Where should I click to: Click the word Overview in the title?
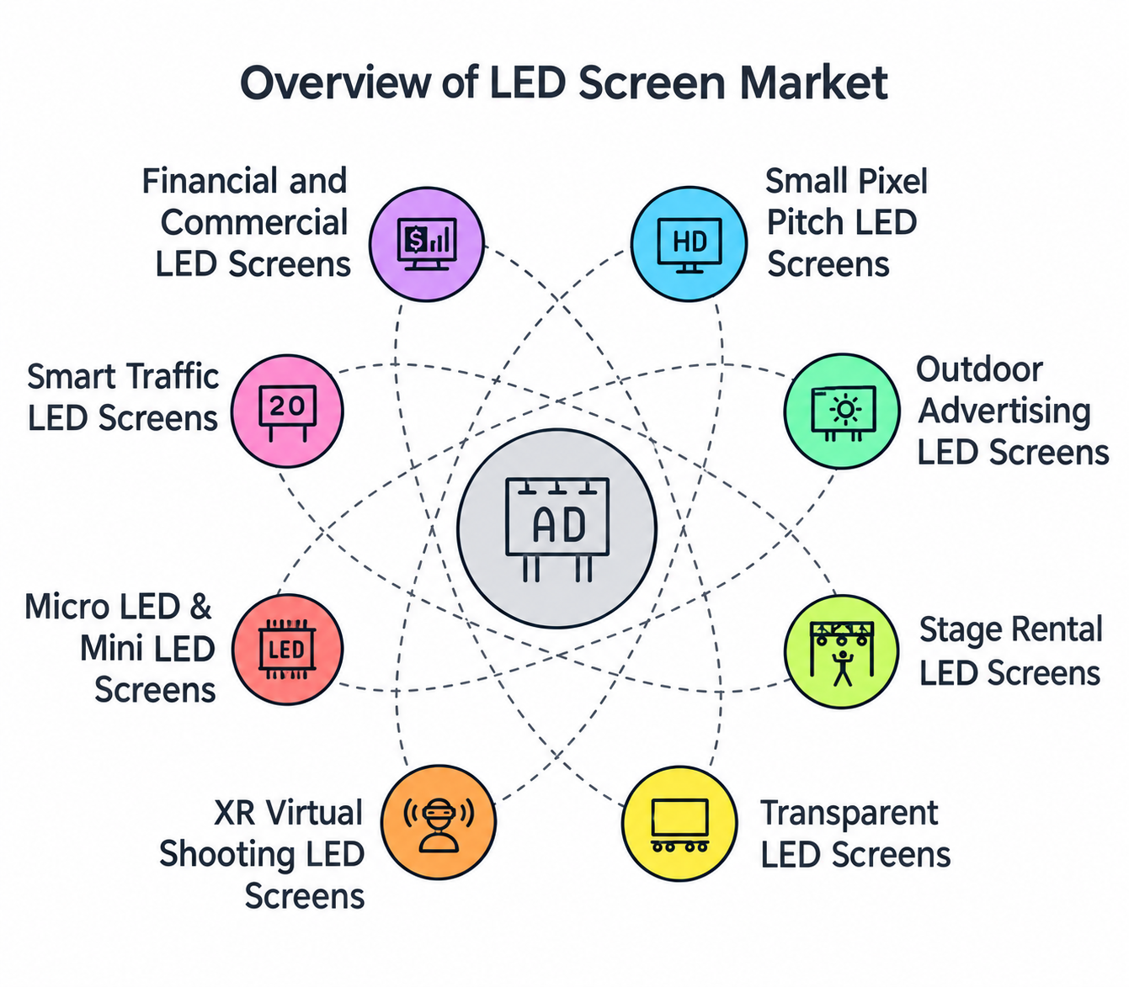335,82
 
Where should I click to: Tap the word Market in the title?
813,82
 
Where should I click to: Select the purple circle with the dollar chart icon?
427,244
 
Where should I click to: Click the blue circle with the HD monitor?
689,244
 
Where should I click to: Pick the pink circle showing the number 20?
287,411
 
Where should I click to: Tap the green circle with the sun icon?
842,411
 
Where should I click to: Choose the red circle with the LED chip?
287,649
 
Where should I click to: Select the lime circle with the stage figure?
842,651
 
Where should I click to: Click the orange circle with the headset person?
439,821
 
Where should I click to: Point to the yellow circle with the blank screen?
679,823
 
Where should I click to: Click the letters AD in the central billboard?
558,526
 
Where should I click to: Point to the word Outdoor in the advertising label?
979,369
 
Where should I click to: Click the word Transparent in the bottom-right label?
849,813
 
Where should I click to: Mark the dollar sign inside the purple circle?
415,239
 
